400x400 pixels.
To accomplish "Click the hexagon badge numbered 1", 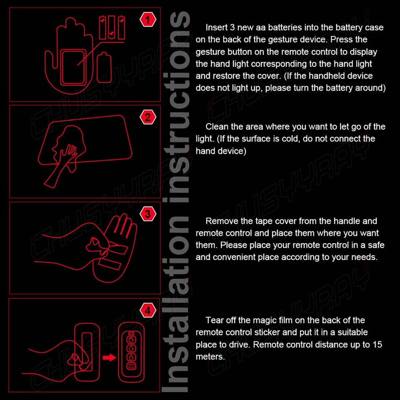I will click(148, 20).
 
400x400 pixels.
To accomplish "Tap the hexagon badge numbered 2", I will click(148, 117).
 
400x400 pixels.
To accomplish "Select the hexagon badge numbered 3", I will click(148, 215).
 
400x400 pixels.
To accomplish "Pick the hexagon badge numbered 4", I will click(148, 310).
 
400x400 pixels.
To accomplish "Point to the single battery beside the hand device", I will click(104, 69).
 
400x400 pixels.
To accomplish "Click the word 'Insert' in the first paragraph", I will click(216, 27).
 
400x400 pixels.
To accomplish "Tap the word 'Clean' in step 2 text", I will click(217, 127).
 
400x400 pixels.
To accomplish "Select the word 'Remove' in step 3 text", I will click(221, 221).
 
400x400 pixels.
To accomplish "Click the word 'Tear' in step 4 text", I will click(214, 320).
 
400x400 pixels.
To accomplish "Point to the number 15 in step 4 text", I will click(377, 345).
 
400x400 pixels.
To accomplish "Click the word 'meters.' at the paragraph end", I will click(210, 357).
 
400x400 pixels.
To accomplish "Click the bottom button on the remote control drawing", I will click(131, 366).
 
